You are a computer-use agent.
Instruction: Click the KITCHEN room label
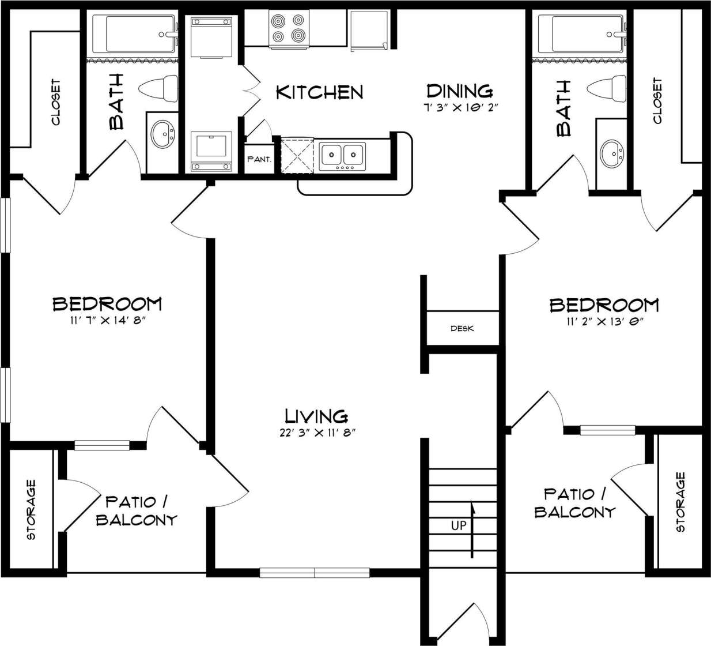[x=319, y=92]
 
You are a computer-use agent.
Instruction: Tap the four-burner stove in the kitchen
[x=288, y=29]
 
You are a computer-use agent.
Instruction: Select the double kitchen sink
[x=343, y=155]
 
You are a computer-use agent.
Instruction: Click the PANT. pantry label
[x=259, y=159]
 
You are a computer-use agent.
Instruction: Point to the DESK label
[x=462, y=329]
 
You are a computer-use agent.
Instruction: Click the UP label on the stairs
[x=459, y=526]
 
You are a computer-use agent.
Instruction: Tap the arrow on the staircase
[x=472, y=528]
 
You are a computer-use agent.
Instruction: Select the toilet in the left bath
[x=159, y=88]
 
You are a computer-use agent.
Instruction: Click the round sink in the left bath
[x=163, y=136]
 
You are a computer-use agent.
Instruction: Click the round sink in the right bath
[x=611, y=153]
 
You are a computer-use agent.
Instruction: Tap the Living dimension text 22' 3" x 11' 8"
[x=316, y=433]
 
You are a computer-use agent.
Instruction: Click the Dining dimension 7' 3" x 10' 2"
[x=459, y=107]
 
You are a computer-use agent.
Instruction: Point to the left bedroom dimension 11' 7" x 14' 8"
[x=107, y=321]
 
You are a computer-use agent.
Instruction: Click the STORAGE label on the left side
[x=31, y=509]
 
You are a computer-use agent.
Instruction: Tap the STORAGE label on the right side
[x=680, y=502]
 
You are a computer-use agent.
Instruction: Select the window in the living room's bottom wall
[x=315, y=572]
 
